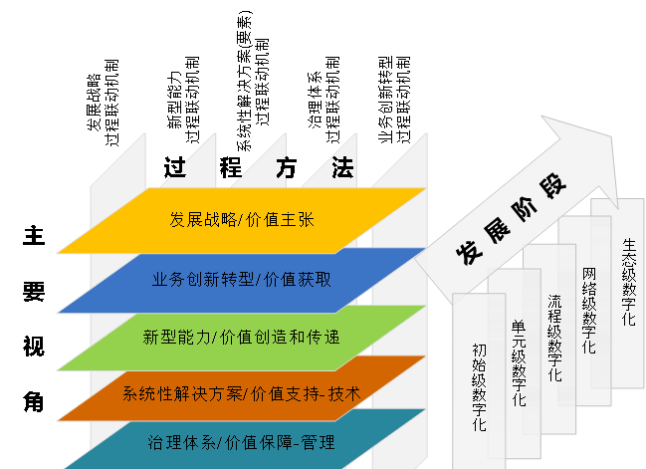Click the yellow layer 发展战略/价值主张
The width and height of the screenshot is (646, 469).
point(243,219)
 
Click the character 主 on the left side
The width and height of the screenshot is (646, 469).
point(34,237)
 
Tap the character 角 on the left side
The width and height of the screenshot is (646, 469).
point(34,401)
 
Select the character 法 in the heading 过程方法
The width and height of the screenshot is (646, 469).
point(342,168)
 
